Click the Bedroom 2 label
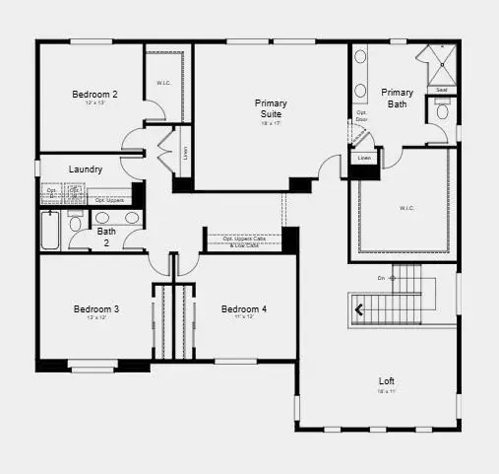click(94, 95)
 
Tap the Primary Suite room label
click(271, 108)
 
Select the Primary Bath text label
click(400, 98)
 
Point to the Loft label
click(388, 380)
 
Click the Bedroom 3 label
click(96, 309)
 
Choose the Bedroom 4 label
click(244, 309)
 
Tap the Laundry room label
click(86, 169)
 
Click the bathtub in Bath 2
click(50, 231)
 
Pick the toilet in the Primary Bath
click(442, 112)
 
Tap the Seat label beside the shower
click(441, 91)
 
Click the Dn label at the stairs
click(381, 278)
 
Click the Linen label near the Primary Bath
click(364, 158)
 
